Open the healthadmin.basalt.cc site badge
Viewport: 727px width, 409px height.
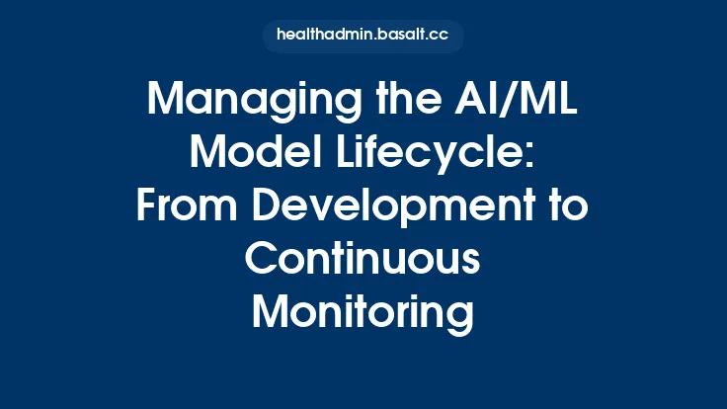pos(363,36)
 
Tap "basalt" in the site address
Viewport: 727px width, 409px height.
pos(400,36)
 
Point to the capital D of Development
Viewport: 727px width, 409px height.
pos(263,206)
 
